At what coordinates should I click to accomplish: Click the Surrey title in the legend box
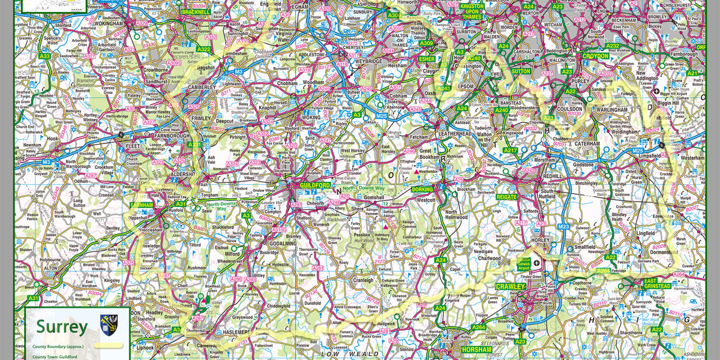tap(61, 327)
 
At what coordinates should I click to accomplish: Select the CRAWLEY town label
tap(511, 287)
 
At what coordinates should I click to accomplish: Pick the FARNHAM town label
tap(143, 205)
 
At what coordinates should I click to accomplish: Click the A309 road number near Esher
tap(427, 43)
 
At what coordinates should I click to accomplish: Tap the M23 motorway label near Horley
tap(562, 226)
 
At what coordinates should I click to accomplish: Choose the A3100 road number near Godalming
tap(279, 230)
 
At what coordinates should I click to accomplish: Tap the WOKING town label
tap(311, 117)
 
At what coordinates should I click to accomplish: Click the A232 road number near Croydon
tap(613, 46)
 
